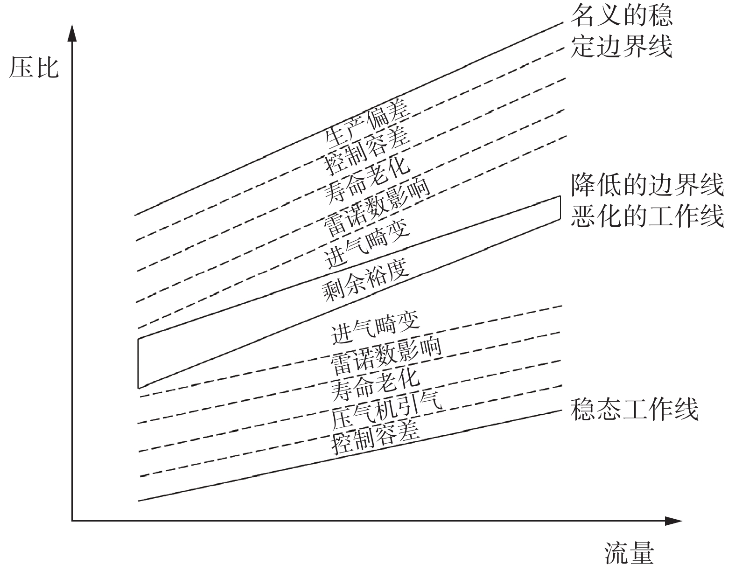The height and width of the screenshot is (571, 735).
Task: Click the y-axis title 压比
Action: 34,68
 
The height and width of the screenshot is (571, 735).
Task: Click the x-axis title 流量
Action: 629,554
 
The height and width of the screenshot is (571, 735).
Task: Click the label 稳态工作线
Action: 634,410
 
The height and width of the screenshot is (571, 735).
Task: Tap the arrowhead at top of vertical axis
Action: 72,33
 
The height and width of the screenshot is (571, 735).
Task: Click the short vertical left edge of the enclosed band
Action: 138,363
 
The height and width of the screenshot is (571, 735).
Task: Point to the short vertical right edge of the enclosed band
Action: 560,208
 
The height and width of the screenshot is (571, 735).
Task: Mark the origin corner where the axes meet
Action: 72,520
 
